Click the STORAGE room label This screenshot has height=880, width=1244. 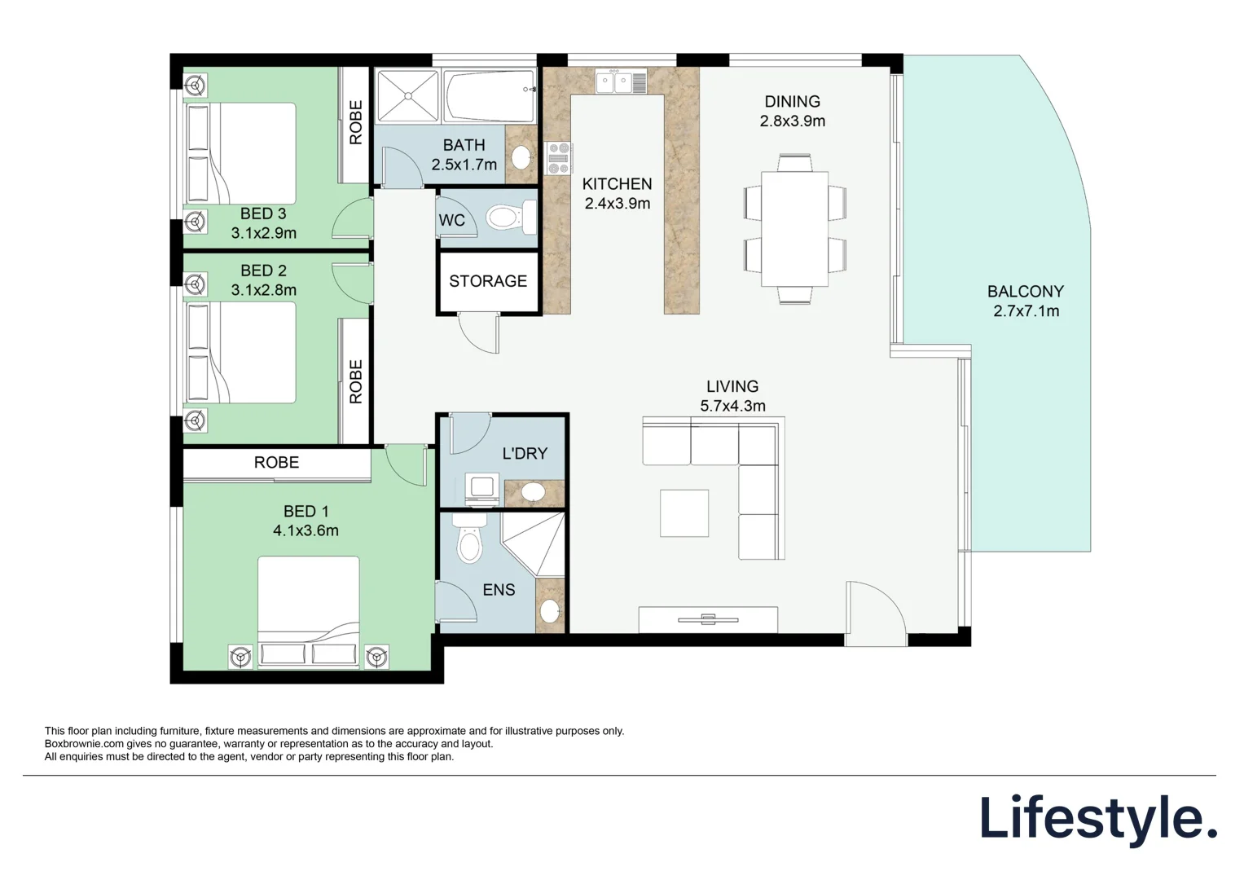click(488, 281)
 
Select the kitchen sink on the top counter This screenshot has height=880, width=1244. click(621, 81)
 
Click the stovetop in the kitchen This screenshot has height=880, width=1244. click(559, 158)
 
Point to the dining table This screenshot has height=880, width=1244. click(794, 228)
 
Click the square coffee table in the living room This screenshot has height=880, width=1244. click(684, 513)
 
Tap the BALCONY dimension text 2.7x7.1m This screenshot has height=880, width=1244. click(1026, 311)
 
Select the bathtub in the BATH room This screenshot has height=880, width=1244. click(488, 96)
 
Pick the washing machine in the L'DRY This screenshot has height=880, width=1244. click(481, 489)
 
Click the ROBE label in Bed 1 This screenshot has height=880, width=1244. click(276, 463)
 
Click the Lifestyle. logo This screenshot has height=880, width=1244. click(1097, 819)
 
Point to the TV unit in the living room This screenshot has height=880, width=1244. click(708, 619)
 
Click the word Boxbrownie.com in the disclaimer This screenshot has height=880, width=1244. click(84, 744)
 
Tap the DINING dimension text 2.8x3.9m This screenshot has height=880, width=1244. click(792, 121)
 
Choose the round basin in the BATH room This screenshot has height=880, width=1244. click(521, 156)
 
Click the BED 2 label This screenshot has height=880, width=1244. click(263, 271)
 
